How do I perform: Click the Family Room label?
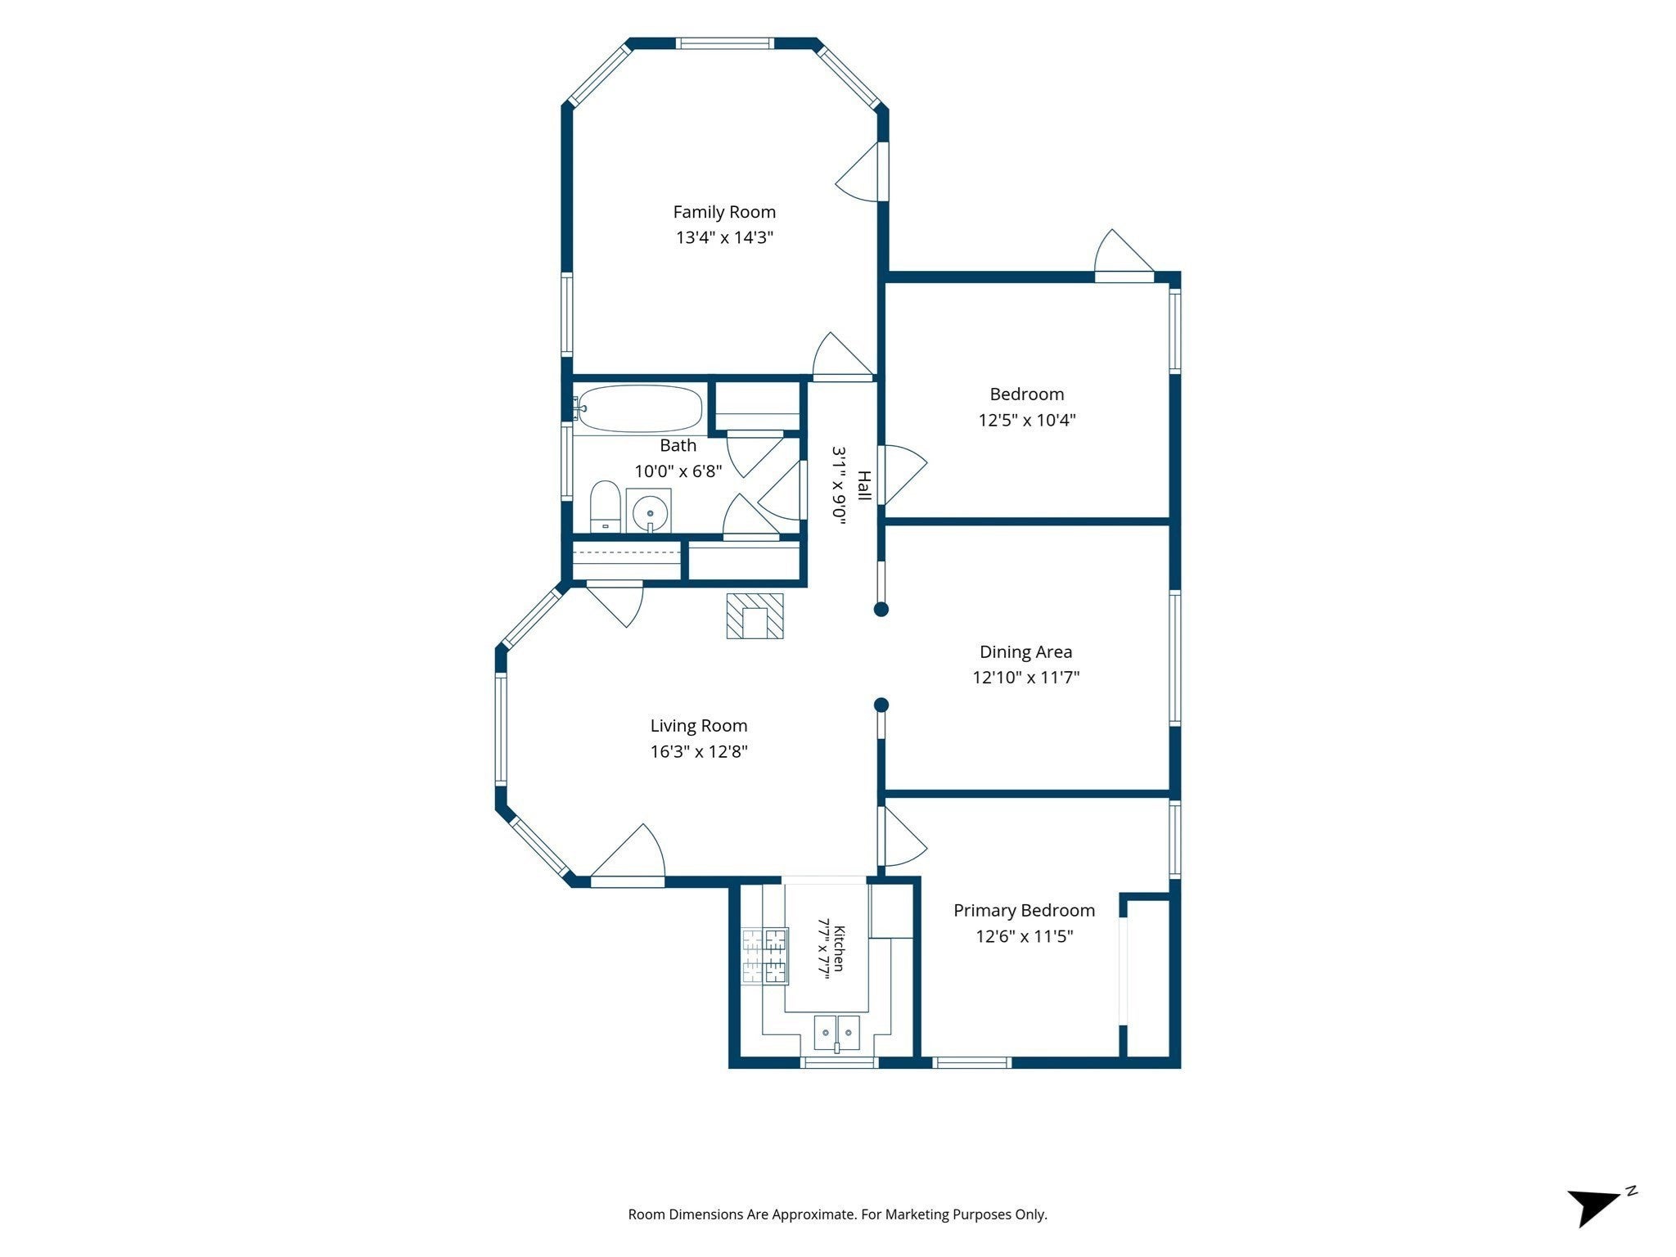724,212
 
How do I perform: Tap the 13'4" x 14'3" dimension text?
724,238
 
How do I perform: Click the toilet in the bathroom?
606,507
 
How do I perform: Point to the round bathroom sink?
650,511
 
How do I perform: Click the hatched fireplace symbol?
755,616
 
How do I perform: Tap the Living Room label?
699,726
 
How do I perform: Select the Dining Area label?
1025,652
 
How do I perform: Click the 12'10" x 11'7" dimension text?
1025,678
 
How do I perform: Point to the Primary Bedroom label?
1024,911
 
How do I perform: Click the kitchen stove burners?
765,956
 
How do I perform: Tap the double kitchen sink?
837,1032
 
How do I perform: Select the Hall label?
863,485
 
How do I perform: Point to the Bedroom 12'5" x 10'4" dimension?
1026,421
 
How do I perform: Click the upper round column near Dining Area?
881,609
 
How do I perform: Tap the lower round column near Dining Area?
881,705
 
